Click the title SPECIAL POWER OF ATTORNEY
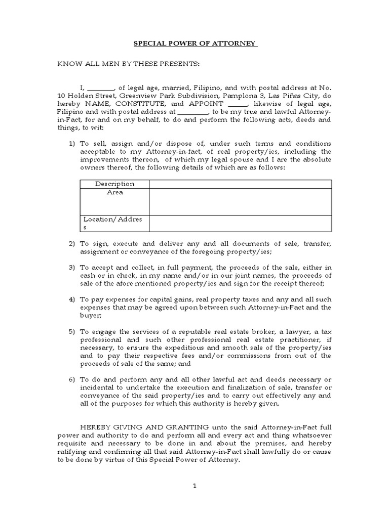(195, 44)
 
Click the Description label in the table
(115, 184)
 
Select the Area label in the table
(115, 193)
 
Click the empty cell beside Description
(240, 184)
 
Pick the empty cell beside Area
(240, 201)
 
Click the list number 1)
(72, 144)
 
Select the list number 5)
(72, 331)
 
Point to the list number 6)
(72, 379)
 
